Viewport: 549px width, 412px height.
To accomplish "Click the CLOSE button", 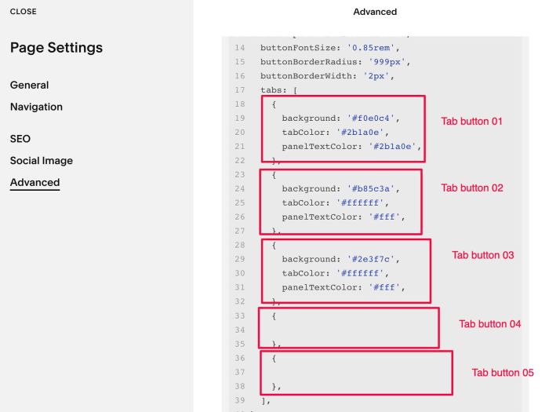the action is click(x=23, y=12).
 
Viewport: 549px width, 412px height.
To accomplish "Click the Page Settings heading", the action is click(x=56, y=48).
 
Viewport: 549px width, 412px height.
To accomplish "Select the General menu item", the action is click(x=30, y=85).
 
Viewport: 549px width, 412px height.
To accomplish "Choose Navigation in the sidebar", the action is click(x=36, y=107).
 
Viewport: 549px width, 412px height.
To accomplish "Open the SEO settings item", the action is click(x=20, y=139).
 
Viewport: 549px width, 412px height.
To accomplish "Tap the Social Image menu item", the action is click(x=42, y=160).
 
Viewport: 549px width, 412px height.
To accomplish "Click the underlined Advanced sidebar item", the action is click(x=35, y=183).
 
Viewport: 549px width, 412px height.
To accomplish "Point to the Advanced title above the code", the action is click(x=375, y=12).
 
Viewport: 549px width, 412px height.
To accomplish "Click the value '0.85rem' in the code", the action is click(x=371, y=48).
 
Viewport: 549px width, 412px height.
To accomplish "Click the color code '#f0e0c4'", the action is click(x=371, y=118).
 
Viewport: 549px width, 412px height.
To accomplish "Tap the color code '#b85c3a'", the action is click(x=371, y=188).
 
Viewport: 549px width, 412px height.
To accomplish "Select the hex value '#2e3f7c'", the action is click(x=371, y=259).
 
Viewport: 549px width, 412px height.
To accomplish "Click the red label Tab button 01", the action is click(x=471, y=121).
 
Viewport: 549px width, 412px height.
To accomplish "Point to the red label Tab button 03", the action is click(x=483, y=255).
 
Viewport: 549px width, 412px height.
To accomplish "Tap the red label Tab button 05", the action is click(x=503, y=373).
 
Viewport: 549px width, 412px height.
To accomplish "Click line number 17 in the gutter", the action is click(x=240, y=90).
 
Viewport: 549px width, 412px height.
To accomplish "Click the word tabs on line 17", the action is click(x=271, y=90).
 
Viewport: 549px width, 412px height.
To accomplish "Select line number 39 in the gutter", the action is click(x=240, y=400).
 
